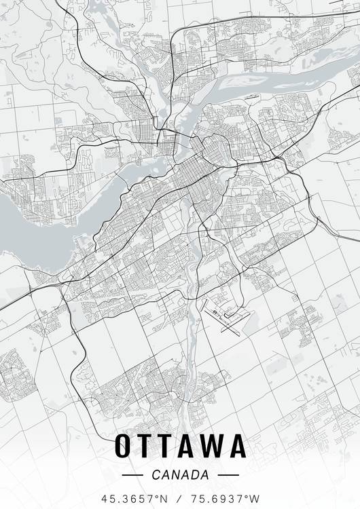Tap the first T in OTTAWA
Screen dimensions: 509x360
pos(147,446)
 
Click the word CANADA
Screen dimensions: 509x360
pos(180,474)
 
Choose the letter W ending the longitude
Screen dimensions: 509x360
pos(255,497)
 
